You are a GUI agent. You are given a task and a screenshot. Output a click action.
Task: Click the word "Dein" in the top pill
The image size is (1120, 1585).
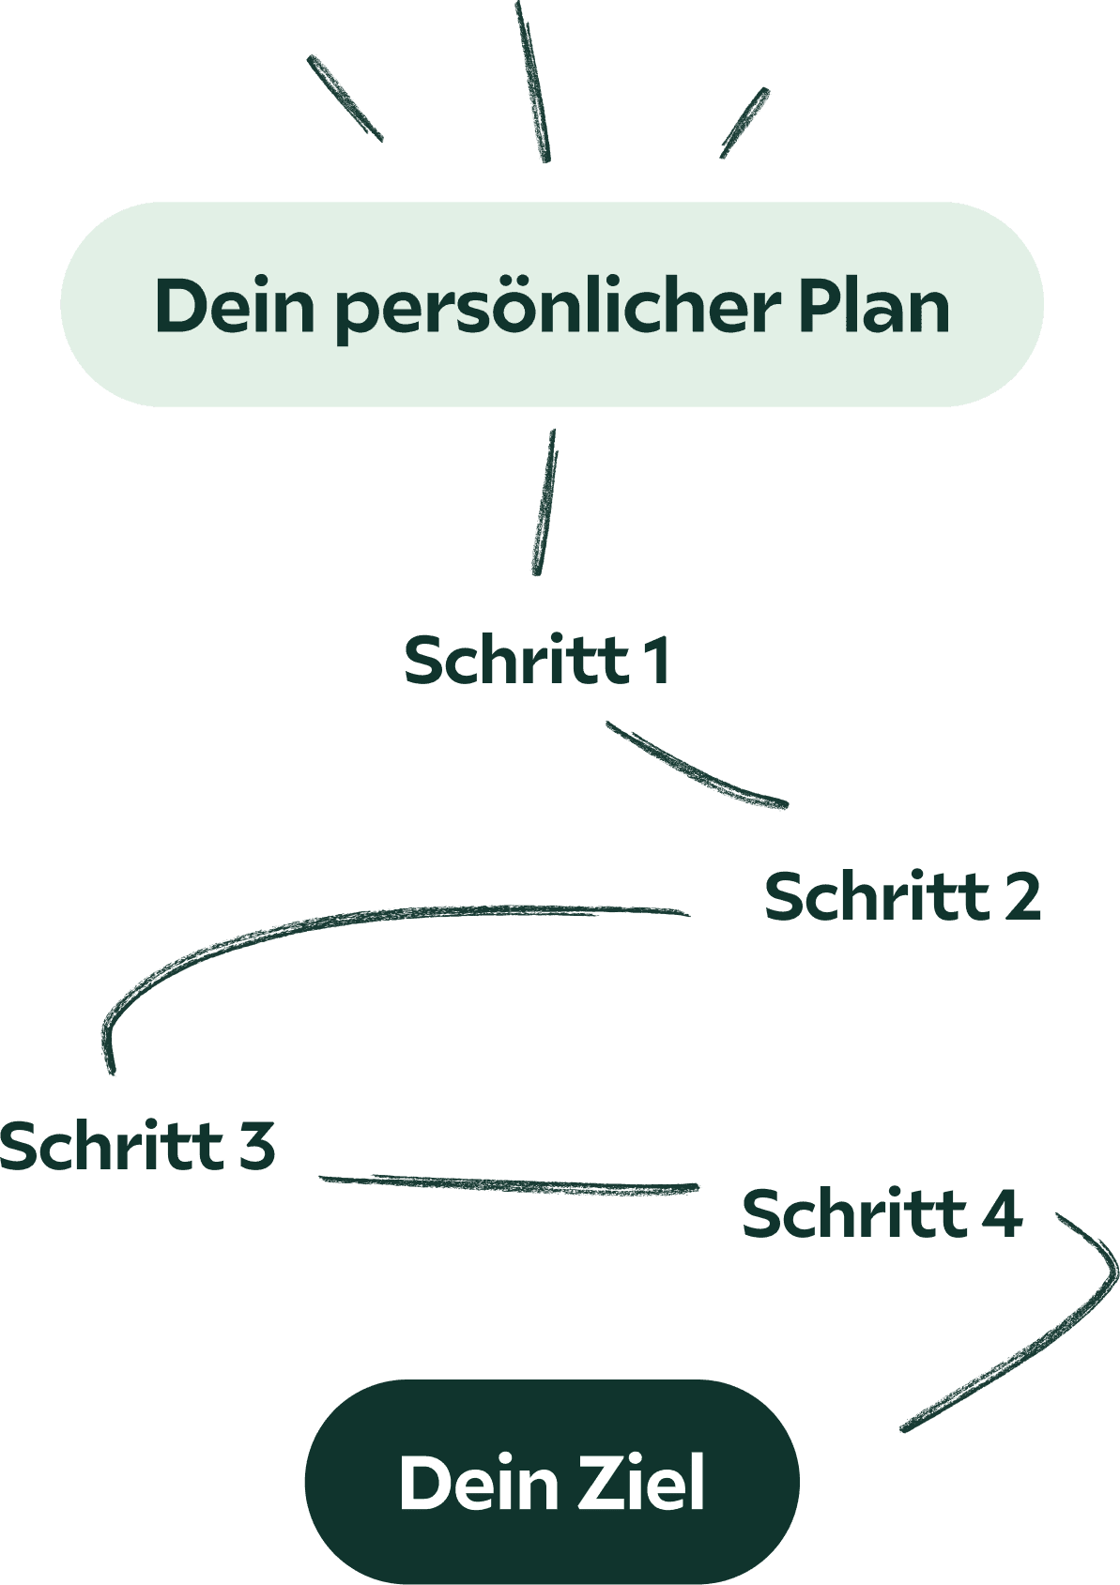click(x=235, y=306)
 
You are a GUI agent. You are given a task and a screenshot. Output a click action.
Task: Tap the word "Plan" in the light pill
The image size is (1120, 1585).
click(x=874, y=306)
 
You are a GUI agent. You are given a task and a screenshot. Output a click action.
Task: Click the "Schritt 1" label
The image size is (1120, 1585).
click(x=536, y=661)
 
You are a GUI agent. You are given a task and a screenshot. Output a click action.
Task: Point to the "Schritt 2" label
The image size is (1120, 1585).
click(x=902, y=896)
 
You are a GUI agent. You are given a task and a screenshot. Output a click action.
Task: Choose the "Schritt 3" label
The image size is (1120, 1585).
click(x=137, y=1146)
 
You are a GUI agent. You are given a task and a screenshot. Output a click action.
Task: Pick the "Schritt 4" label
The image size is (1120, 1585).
click(x=881, y=1213)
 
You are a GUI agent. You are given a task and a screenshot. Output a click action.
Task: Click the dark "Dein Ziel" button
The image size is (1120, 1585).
click(x=552, y=1482)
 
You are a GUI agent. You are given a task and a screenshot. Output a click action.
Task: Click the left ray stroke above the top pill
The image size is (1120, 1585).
click(x=345, y=99)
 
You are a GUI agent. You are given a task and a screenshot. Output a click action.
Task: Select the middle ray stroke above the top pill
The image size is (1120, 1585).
click(x=532, y=83)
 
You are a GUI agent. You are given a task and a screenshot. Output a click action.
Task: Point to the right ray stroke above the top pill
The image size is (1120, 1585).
click(x=745, y=123)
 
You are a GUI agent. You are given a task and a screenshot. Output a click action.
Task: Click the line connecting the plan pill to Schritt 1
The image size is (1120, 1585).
click(x=545, y=502)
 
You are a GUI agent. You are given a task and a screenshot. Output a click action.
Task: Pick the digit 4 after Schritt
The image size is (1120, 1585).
click(x=1001, y=1213)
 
